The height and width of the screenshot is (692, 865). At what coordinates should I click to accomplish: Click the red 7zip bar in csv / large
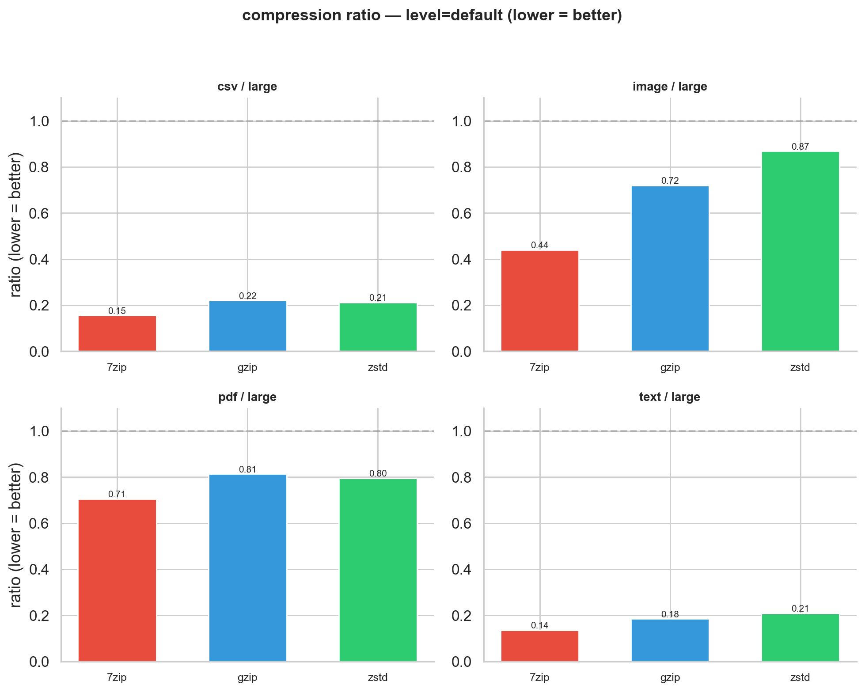coord(117,333)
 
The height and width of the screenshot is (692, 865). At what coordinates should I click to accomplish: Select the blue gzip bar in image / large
coord(670,268)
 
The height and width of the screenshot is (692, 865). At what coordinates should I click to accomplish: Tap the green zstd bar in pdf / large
coord(378,570)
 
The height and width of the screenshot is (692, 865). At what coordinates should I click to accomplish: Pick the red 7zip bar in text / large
coord(539,646)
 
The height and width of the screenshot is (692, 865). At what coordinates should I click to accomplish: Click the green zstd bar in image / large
coord(800,252)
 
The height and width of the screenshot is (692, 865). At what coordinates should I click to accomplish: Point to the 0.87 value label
coord(800,147)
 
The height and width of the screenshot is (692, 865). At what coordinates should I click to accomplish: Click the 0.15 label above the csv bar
coord(117,311)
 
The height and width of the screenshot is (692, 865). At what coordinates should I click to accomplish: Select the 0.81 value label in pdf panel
coord(247,469)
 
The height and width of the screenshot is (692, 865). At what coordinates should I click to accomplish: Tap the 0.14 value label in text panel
coord(539,625)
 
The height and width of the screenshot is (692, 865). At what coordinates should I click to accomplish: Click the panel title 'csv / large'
coord(247,87)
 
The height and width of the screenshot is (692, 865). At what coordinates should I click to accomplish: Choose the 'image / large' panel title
coord(670,87)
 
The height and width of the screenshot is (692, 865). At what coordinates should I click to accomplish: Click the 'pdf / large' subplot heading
coord(247,397)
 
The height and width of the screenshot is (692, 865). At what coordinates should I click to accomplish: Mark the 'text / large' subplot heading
coord(670,397)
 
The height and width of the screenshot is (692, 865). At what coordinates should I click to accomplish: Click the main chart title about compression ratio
coord(432,15)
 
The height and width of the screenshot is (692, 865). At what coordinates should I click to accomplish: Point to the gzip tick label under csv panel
coord(247,367)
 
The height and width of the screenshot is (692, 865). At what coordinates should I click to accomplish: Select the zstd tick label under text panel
coord(800,677)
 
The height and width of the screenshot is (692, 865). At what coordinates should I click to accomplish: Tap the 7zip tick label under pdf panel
coord(117,677)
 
